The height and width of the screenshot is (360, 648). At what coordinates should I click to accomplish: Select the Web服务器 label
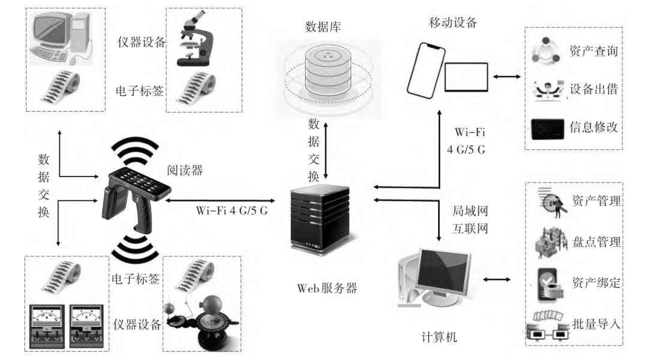tap(327, 287)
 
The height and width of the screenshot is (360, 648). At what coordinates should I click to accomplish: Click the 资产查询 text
tap(593, 51)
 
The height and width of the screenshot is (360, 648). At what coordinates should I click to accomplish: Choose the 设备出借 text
tap(593, 89)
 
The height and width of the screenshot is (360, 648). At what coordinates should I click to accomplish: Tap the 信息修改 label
tap(593, 127)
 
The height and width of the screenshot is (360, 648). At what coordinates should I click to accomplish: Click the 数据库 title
tap(324, 27)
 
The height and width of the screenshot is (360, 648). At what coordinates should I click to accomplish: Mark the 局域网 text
tap(467, 212)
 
